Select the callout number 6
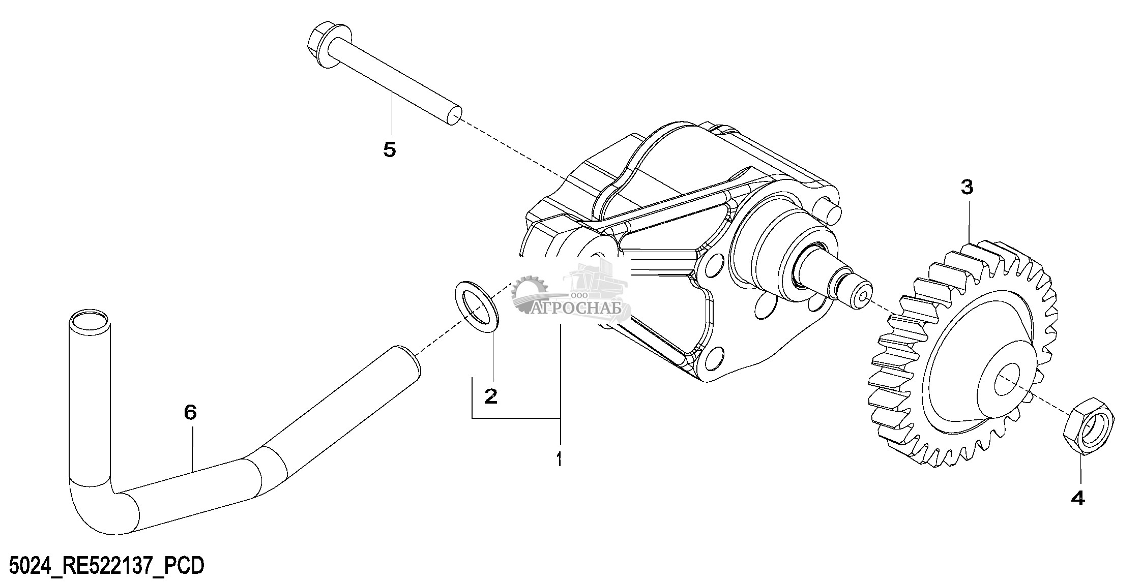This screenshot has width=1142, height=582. pyautogui.click(x=190, y=412)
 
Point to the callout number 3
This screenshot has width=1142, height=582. pyautogui.click(x=967, y=188)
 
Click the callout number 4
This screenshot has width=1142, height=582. pyautogui.click(x=1078, y=499)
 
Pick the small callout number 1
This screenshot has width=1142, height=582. pyautogui.click(x=559, y=460)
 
